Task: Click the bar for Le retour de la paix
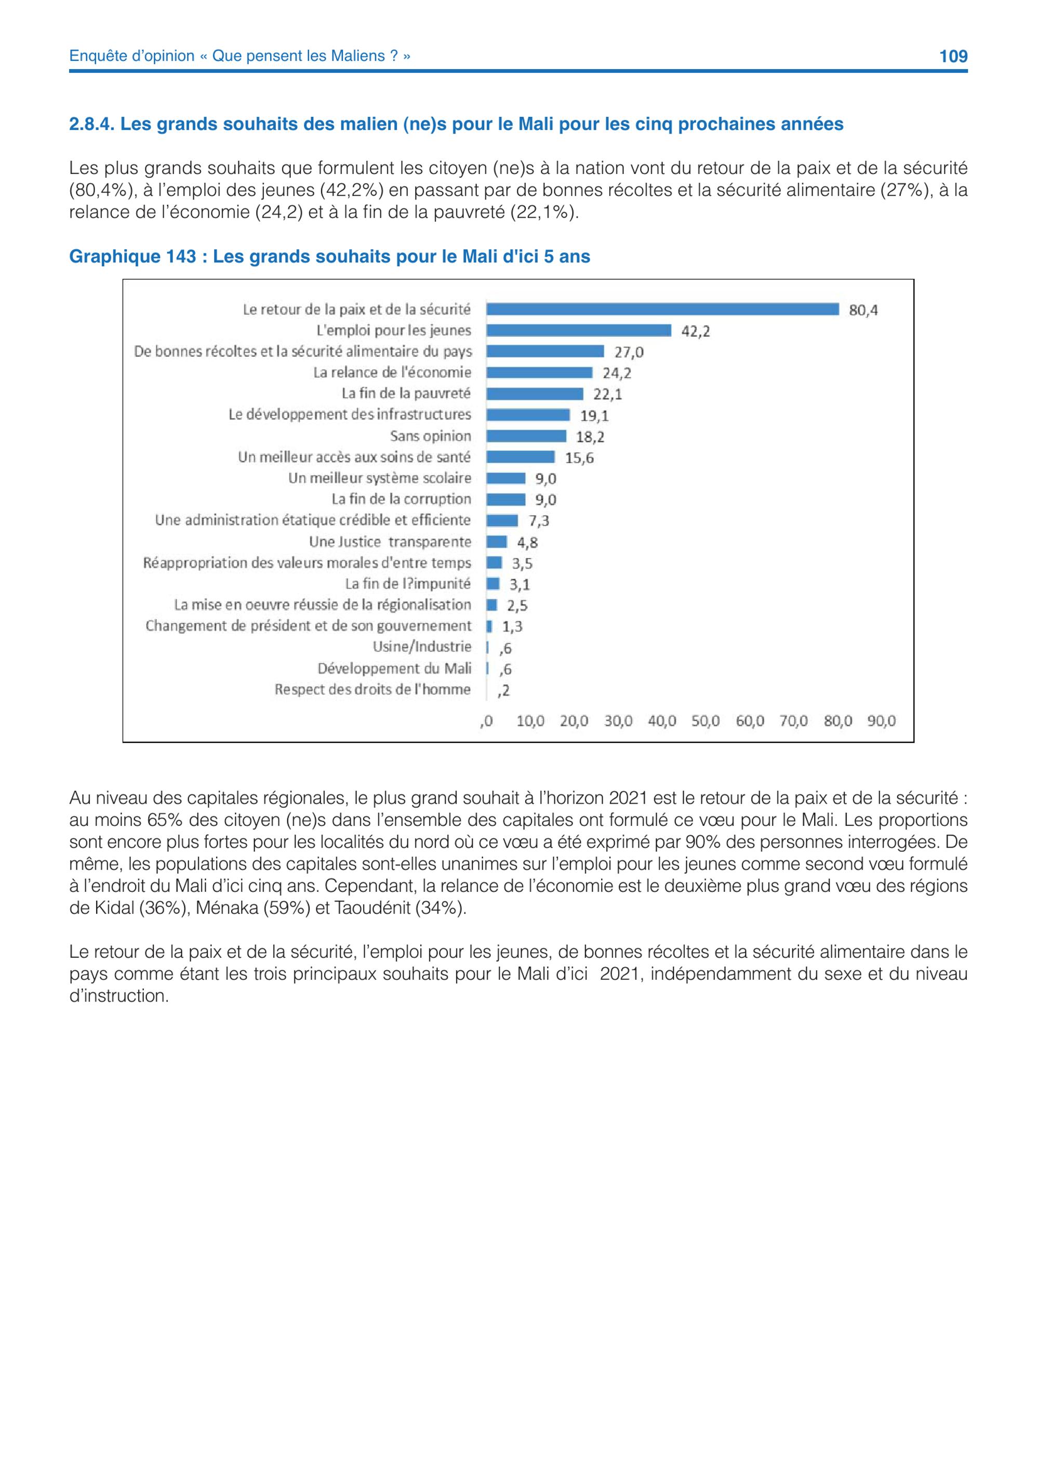coord(662,310)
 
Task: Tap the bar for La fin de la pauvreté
coord(535,394)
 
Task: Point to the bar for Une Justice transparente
coord(497,542)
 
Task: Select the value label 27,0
coord(629,352)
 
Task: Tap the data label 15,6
coord(579,458)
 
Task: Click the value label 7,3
coord(539,521)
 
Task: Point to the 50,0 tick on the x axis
coord(705,721)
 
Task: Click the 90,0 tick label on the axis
coord(881,721)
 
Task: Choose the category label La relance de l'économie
coord(392,372)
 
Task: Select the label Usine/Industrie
coord(422,647)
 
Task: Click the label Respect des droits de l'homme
coord(373,690)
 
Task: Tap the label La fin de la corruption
coord(401,499)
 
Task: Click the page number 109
coord(953,56)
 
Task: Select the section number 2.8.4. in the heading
coord(92,124)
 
